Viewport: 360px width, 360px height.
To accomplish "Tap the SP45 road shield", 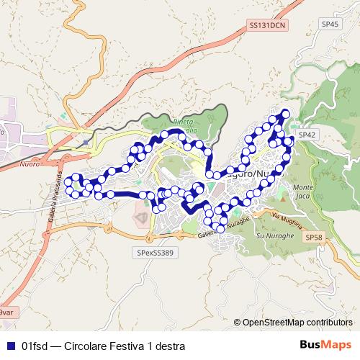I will point(330,24).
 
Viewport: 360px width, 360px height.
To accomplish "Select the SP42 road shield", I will point(307,135).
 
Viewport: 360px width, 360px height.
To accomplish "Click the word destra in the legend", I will point(169,346).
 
